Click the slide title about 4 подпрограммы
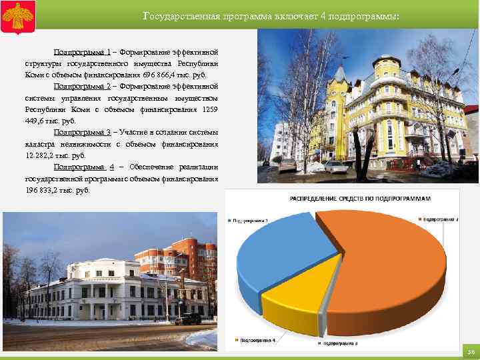pyautogui.click(x=271, y=15)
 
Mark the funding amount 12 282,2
pyautogui.click(x=40, y=155)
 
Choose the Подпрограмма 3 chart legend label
pyautogui.click(x=341, y=343)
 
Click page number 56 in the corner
pyautogui.click(x=470, y=351)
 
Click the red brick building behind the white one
pyautogui.click(x=160, y=256)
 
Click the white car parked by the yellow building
pyautogui.click(x=335, y=167)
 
